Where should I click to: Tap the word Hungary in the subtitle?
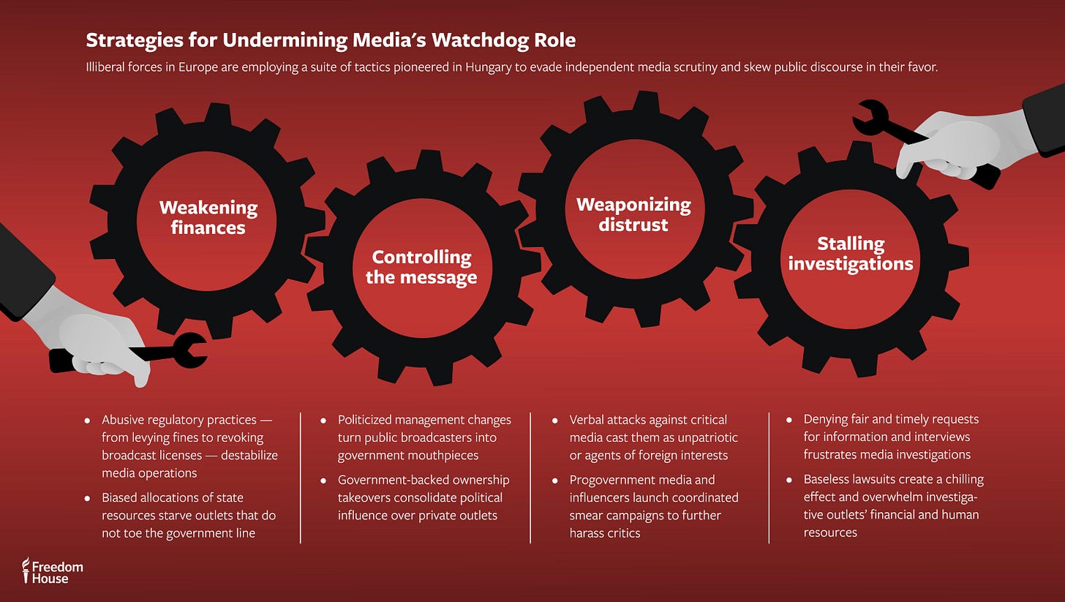[489, 67]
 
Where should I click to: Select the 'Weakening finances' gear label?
[208, 217]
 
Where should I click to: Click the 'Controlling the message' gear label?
[421, 267]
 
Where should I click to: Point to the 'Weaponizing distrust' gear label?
[633, 215]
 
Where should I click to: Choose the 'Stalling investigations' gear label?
[851, 253]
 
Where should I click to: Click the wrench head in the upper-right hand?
[870, 118]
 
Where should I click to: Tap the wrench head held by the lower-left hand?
[190, 350]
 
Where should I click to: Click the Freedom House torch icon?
[26, 570]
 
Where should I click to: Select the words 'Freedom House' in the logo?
[58, 573]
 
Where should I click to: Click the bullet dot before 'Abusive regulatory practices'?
[87, 421]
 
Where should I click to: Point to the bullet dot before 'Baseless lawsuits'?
[789, 480]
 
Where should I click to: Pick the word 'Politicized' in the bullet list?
[365, 420]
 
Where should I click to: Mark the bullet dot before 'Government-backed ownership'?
[323, 481]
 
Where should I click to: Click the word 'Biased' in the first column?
[119, 497]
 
